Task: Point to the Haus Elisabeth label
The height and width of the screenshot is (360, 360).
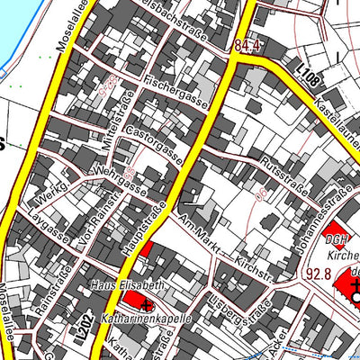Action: coord(127,284)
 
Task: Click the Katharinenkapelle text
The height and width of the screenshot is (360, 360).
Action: coord(140,318)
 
